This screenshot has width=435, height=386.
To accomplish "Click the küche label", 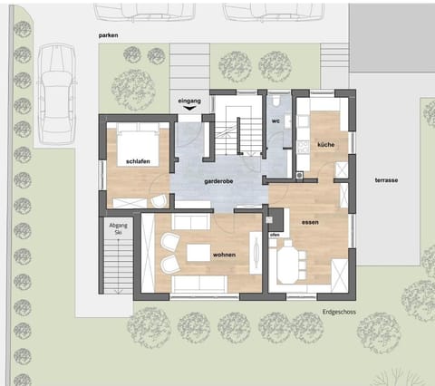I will [325, 146].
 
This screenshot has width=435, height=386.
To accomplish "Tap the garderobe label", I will [220, 180].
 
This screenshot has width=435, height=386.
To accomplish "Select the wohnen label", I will [223, 256].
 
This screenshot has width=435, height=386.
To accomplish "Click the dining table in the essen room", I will [291, 265].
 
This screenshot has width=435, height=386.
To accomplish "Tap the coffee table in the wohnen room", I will [198, 253].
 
